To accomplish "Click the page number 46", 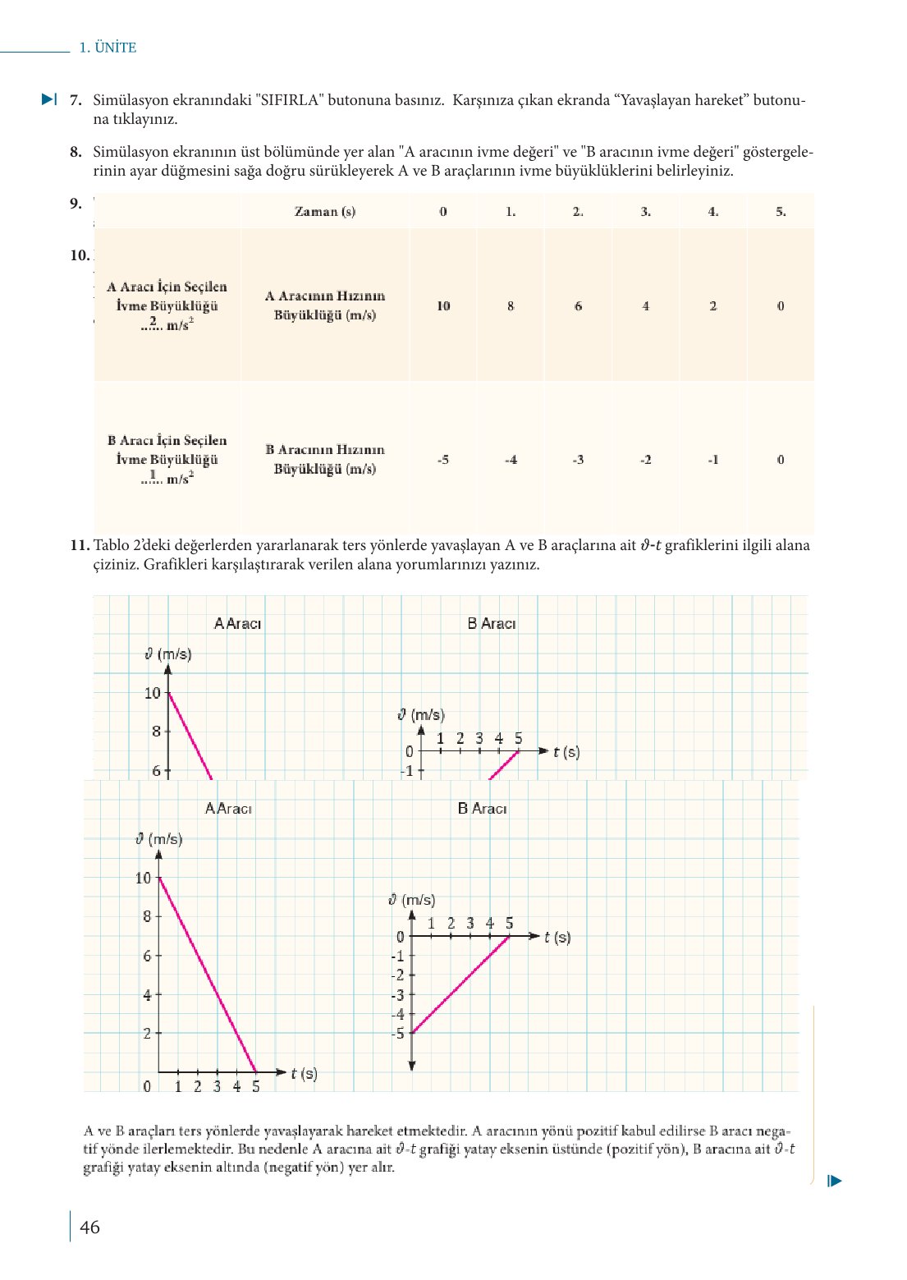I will [x=89, y=1227].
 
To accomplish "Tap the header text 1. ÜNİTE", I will [x=108, y=48].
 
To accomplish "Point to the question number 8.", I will [x=76, y=152].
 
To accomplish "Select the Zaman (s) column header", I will [x=325, y=211].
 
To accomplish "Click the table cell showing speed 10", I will [x=443, y=305].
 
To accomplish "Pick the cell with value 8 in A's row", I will [x=511, y=305].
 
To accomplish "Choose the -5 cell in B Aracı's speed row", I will [x=443, y=460].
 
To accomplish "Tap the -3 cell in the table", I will [x=578, y=460].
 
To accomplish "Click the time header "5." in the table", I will [x=781, y=211].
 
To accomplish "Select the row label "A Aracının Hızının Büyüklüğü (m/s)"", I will [x=325, y=305].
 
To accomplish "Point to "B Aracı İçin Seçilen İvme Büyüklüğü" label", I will [x=167, y=450].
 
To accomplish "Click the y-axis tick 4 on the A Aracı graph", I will [x=148, y=995].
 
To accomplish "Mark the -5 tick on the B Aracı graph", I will [x=398, y=1034].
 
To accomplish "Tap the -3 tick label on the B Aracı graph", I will [x=398, y=995].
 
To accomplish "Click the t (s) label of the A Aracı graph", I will [x=304, y=1073].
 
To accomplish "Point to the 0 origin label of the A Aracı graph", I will [x=148, y=1086].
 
